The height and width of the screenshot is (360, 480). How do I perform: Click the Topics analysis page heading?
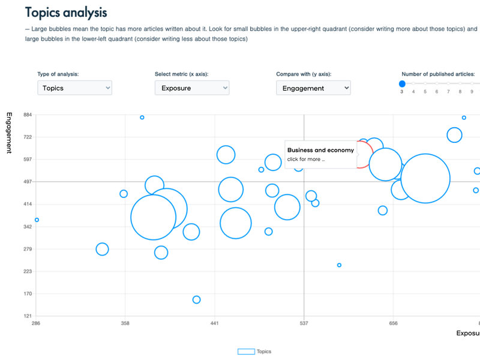(65, 12)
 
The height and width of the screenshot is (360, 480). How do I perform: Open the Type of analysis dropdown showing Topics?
(74, 88)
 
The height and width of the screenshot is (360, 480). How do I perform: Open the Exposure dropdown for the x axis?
(192, 88)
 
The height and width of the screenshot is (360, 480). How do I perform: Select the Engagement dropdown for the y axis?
(313, 88)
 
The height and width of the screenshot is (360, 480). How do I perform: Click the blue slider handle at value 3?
(402, 83)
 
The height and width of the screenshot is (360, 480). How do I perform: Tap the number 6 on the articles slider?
(437, 92)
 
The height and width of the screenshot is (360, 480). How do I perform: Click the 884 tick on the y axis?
(28, 115)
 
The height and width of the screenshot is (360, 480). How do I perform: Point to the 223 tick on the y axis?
(28, 271)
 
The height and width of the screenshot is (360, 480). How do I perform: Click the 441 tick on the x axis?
(214, 323)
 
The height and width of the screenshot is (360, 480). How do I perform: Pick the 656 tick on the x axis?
(393, 323)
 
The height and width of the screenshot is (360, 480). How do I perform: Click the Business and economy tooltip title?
(320, 150)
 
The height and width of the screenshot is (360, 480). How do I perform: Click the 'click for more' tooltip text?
(306, 159)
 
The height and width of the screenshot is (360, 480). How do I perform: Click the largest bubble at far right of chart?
(425, 178)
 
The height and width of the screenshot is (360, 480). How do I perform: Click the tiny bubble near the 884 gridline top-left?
(142, 118)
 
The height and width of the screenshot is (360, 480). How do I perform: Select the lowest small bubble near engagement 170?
(196, 299)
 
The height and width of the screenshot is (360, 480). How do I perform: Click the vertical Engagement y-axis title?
(9, 133)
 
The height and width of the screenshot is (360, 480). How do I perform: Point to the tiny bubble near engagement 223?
(339, 265)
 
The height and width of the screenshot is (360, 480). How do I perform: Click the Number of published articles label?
(438, 74)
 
